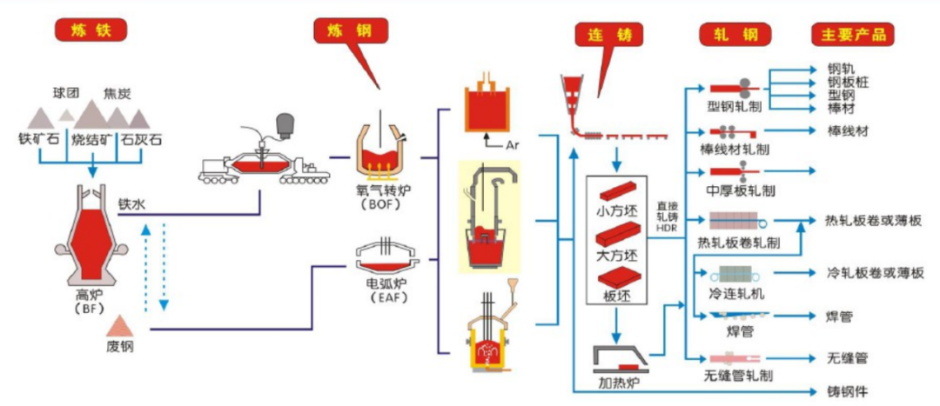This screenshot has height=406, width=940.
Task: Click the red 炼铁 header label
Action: point(92,30)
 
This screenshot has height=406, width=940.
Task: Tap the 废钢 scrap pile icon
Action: point(120,327)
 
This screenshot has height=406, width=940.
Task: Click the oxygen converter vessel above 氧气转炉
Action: point(380,150)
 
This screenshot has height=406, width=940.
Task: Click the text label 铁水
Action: point(132,204)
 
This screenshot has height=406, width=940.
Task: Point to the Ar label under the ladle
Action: point(513,144)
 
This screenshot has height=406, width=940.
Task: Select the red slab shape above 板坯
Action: point(615,278)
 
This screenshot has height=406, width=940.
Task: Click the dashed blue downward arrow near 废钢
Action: point(164,267)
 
